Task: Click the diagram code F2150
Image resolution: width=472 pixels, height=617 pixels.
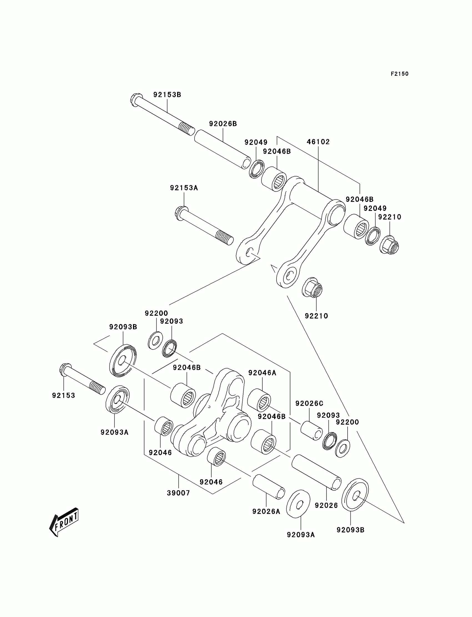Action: [x=399, y=74]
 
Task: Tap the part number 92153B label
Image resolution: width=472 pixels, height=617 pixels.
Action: [x=167, y=95]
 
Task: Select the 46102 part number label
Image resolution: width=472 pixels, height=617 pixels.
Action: [x=318, y=142]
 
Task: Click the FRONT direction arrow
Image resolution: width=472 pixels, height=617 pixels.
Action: [x=64, y=522]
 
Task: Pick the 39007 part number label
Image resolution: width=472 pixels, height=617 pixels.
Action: [x=179, y=493]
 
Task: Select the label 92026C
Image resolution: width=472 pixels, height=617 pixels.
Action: [x=309, y=404]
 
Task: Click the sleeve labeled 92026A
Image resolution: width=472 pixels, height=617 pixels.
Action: [x=268, y=487]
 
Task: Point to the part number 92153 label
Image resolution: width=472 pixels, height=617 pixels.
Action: [x=64, y=396]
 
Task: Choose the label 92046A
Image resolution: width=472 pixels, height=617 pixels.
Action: [x=262, y=373]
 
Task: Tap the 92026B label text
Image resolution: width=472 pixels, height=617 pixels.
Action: [x=223, y=124]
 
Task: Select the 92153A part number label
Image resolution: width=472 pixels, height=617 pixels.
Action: [x=184, y=188]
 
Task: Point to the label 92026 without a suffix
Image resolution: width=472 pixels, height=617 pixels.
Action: [x=326, y=505]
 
